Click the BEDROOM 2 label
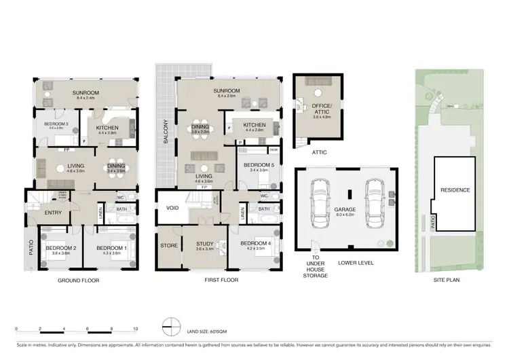60,249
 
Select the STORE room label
168,245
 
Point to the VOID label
172,208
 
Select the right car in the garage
372,201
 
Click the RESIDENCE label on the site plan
455,190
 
